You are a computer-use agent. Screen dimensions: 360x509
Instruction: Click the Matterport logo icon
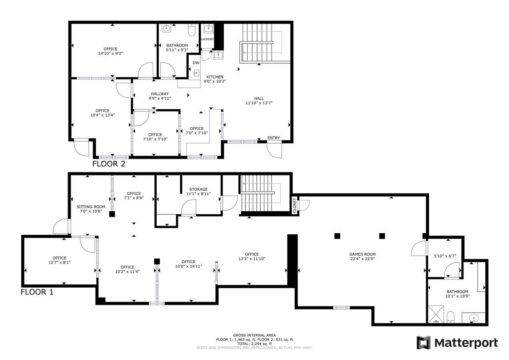423,343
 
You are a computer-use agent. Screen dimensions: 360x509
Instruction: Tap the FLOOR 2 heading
109,164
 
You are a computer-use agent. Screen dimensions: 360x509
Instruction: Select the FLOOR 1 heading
37,292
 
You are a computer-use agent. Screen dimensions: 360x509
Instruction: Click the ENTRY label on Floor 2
273,138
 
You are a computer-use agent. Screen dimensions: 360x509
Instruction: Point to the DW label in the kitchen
196,63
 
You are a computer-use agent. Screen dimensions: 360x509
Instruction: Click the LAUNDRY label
207,39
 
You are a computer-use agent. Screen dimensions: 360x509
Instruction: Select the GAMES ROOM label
362,254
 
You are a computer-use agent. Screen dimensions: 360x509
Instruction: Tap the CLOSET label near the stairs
295,206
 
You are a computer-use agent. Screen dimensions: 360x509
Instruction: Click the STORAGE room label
198,189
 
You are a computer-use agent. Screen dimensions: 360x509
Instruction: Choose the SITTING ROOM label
91,207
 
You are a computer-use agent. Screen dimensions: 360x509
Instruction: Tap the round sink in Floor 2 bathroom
166,28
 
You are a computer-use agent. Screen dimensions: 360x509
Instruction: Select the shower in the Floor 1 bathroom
436,314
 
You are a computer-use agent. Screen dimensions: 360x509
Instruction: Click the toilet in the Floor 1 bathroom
451,317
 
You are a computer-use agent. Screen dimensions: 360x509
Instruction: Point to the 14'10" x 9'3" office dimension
110,53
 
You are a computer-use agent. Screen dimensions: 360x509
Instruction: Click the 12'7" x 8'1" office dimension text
59,262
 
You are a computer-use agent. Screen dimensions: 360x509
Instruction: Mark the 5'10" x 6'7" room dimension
445,256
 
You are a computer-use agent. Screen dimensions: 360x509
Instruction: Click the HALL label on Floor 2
259,98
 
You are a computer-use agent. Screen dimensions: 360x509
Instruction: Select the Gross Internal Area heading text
254,335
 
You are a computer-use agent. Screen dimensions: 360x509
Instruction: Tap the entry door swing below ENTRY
275,150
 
